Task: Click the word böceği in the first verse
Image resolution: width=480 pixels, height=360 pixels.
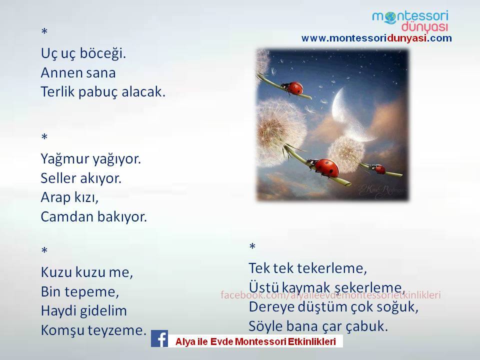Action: point(103,54)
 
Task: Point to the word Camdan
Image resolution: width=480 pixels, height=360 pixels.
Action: point(66,216)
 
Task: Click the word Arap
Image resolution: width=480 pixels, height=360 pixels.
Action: point(55,198)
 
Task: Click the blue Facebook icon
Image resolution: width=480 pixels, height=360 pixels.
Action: point(159,338)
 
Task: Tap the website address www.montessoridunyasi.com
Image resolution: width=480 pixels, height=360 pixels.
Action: point(376,38)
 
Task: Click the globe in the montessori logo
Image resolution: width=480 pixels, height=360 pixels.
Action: point(390,18)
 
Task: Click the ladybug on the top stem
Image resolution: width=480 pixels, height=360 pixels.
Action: point(293,88)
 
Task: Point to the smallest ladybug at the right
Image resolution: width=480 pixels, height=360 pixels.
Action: point(378,168)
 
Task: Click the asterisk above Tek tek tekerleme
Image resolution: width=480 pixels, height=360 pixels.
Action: point(252,246)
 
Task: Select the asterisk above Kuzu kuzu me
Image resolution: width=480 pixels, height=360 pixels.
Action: point(44,250)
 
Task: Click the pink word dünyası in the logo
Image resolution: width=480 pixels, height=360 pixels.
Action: point(424,27)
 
